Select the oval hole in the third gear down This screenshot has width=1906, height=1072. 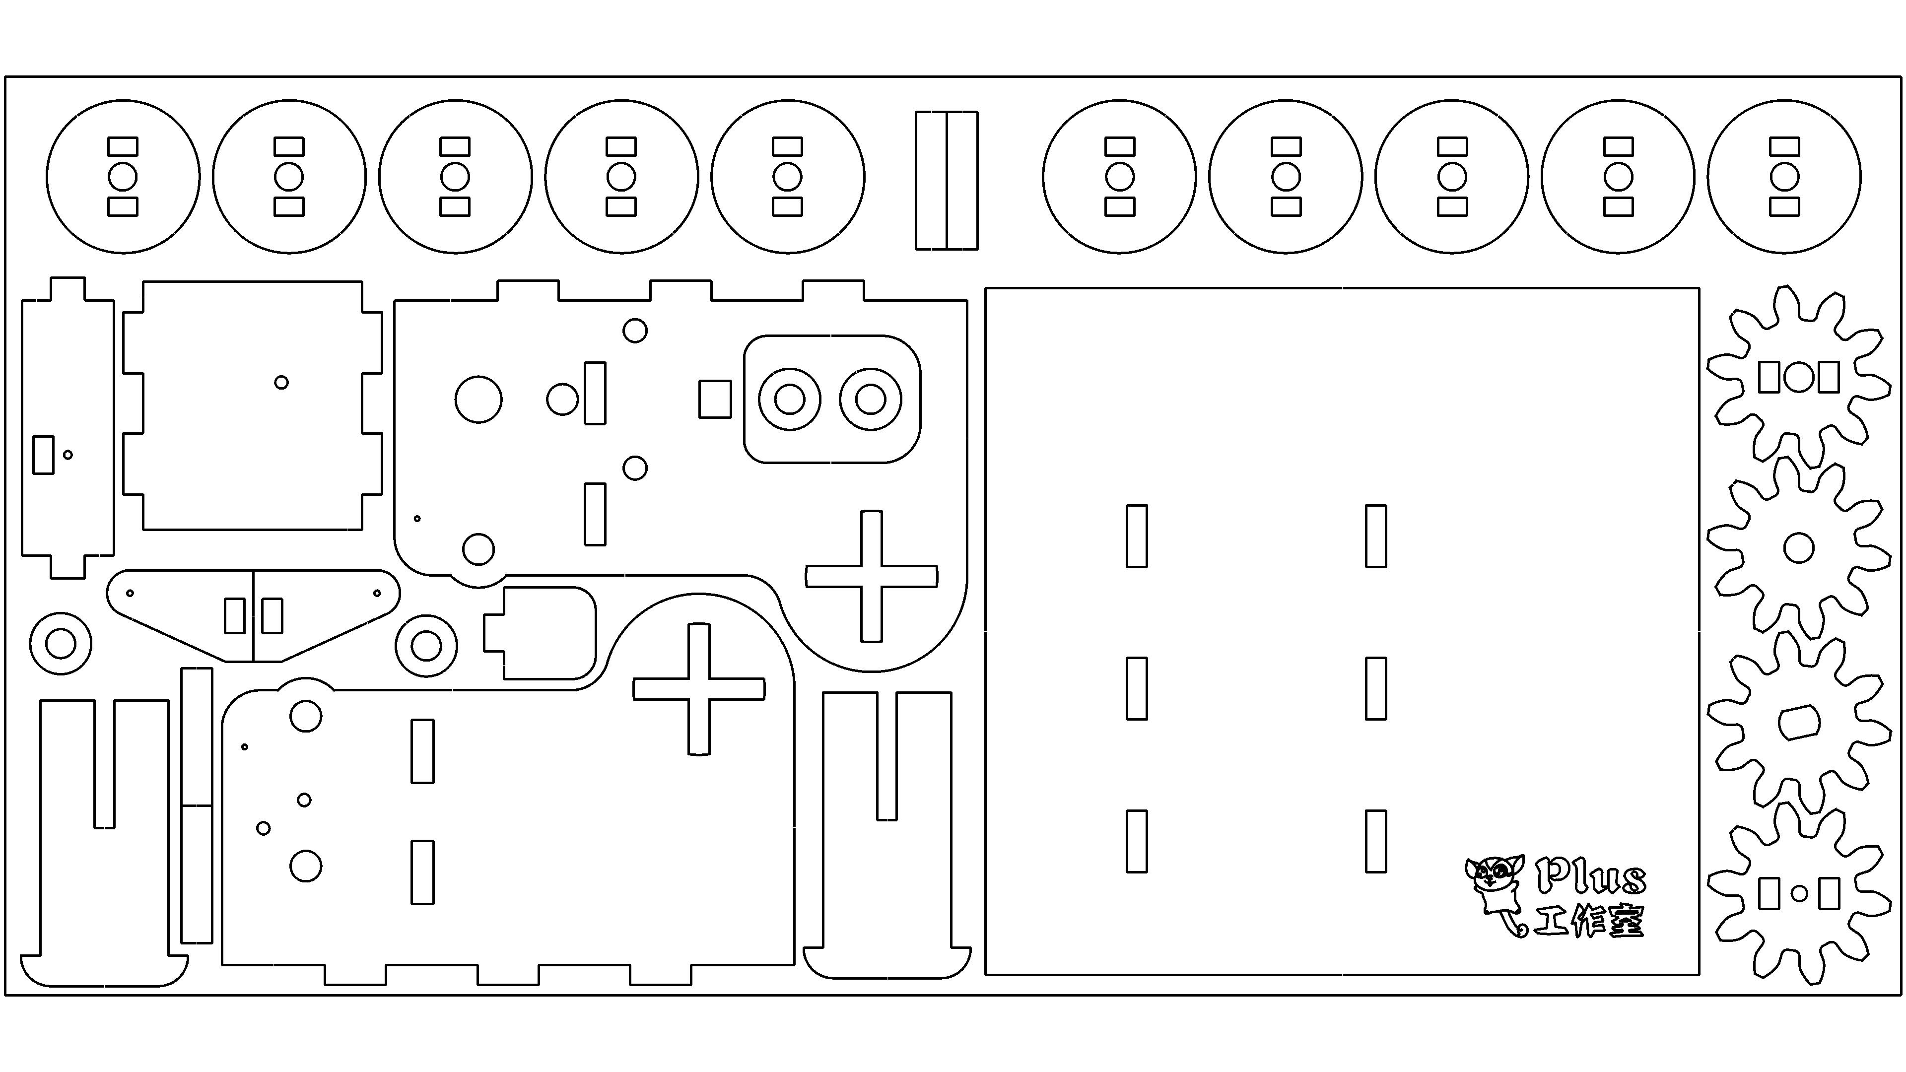(x=1799, y=722)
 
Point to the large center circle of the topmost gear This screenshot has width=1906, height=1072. (x=1799, y=377)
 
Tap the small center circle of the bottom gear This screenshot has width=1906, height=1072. (x=1799, y=894)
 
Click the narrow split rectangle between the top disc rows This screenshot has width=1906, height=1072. (x=947, y=181)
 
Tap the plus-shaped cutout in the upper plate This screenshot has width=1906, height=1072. (x=872, y=576)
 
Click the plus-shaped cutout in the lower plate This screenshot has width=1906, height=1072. (x=698, y=689)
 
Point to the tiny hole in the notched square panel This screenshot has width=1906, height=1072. (x=281, y=383)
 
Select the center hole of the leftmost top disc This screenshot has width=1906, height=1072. (x=123, y=177)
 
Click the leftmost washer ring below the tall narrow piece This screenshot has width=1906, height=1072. (x=61, y=644)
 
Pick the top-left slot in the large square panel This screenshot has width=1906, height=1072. (x=1137, y=536)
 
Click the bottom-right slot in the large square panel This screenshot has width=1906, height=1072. (x=1375, y=841)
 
